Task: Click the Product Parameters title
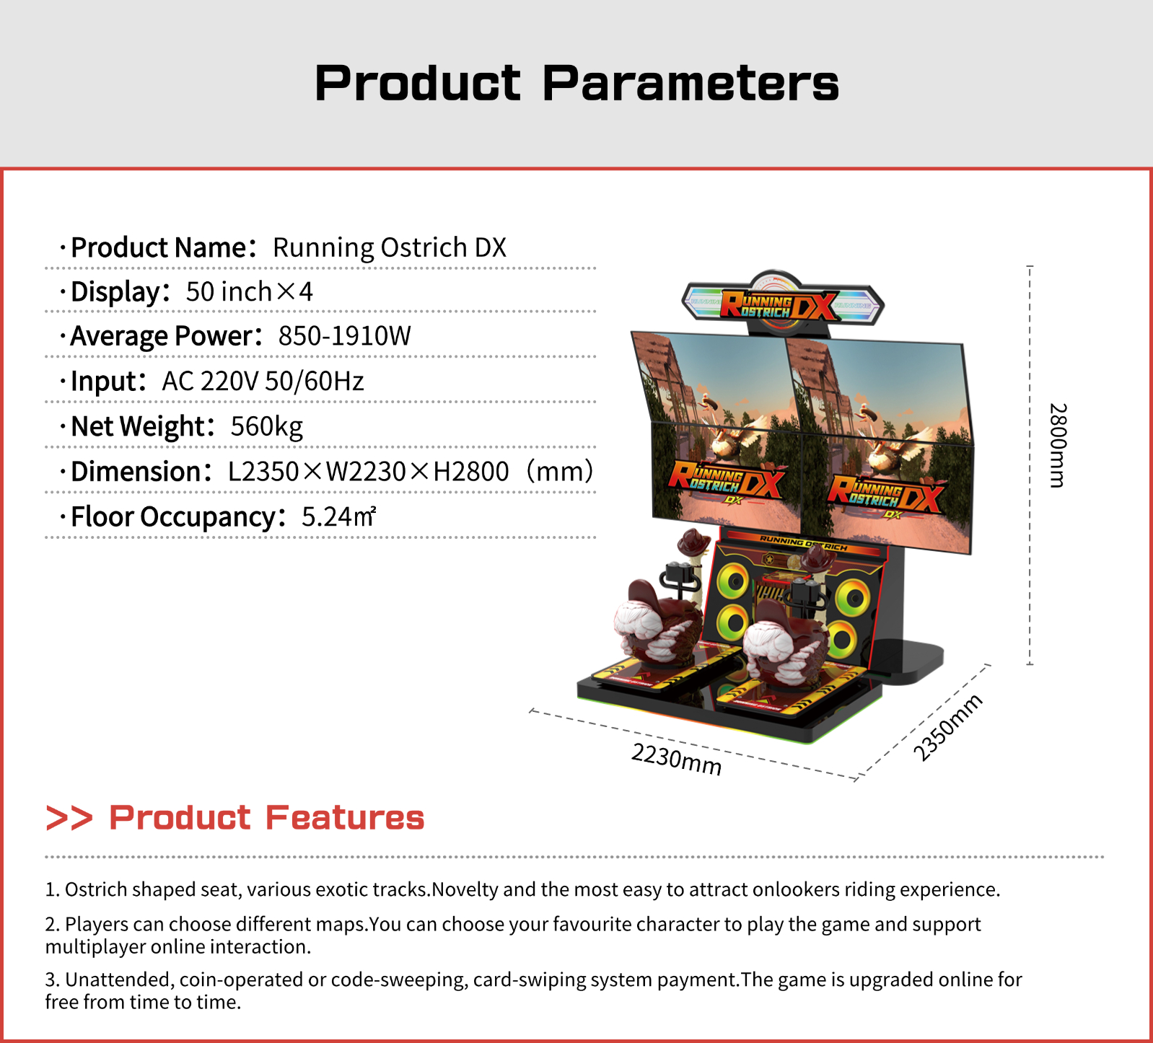point(576,83)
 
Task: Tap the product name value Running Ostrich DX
point(390,247)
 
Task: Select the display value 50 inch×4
point(250,291)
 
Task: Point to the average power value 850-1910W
point(344,335)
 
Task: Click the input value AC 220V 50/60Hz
point(263,381)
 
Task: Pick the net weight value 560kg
point(266,426)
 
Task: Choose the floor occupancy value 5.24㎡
point(338,516)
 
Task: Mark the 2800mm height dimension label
point(1057,445)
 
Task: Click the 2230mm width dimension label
point(676,759)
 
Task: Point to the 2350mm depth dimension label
point(947,727)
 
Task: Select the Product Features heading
point(266,817)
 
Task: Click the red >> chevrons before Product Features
point(69,818)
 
